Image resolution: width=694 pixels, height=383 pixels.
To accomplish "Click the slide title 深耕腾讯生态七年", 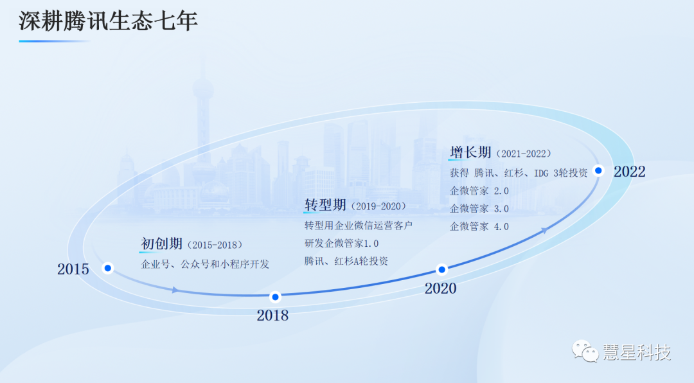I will (x=108, y=21).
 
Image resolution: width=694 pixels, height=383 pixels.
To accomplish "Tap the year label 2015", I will (x=73, y=269).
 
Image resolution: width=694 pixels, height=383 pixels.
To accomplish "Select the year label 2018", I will (x=272, y=316).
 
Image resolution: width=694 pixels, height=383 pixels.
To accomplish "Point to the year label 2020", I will (x=440, y=289).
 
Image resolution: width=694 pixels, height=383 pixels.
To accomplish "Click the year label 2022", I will (x=629, y=172).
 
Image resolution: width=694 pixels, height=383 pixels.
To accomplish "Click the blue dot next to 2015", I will (x=108, y=268).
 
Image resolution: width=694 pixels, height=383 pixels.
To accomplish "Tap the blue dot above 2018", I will (x=275, y=297).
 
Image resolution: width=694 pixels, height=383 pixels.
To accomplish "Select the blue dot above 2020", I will (x=441, y=269).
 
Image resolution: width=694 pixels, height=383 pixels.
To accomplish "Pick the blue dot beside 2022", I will (x=598, y=170).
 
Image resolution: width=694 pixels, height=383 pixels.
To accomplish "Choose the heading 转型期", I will (x=325, y=205).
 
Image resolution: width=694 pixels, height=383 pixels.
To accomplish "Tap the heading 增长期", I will (x=470, y=152).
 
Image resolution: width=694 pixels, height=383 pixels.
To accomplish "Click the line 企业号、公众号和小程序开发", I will (x=205, y=264).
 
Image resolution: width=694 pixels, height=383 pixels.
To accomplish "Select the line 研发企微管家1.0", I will (x=341, y=244).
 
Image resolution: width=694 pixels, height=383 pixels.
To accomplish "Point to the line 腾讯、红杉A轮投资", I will (x=346, y=261).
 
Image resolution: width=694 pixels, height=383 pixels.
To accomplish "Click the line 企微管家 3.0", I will (x=479, y=208).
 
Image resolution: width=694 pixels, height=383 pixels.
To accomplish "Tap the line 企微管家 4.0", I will (x=479, y=226).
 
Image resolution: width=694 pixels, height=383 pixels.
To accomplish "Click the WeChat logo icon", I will (x=585, y=352).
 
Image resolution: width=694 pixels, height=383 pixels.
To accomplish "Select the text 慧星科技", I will (x=637, y=352).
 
